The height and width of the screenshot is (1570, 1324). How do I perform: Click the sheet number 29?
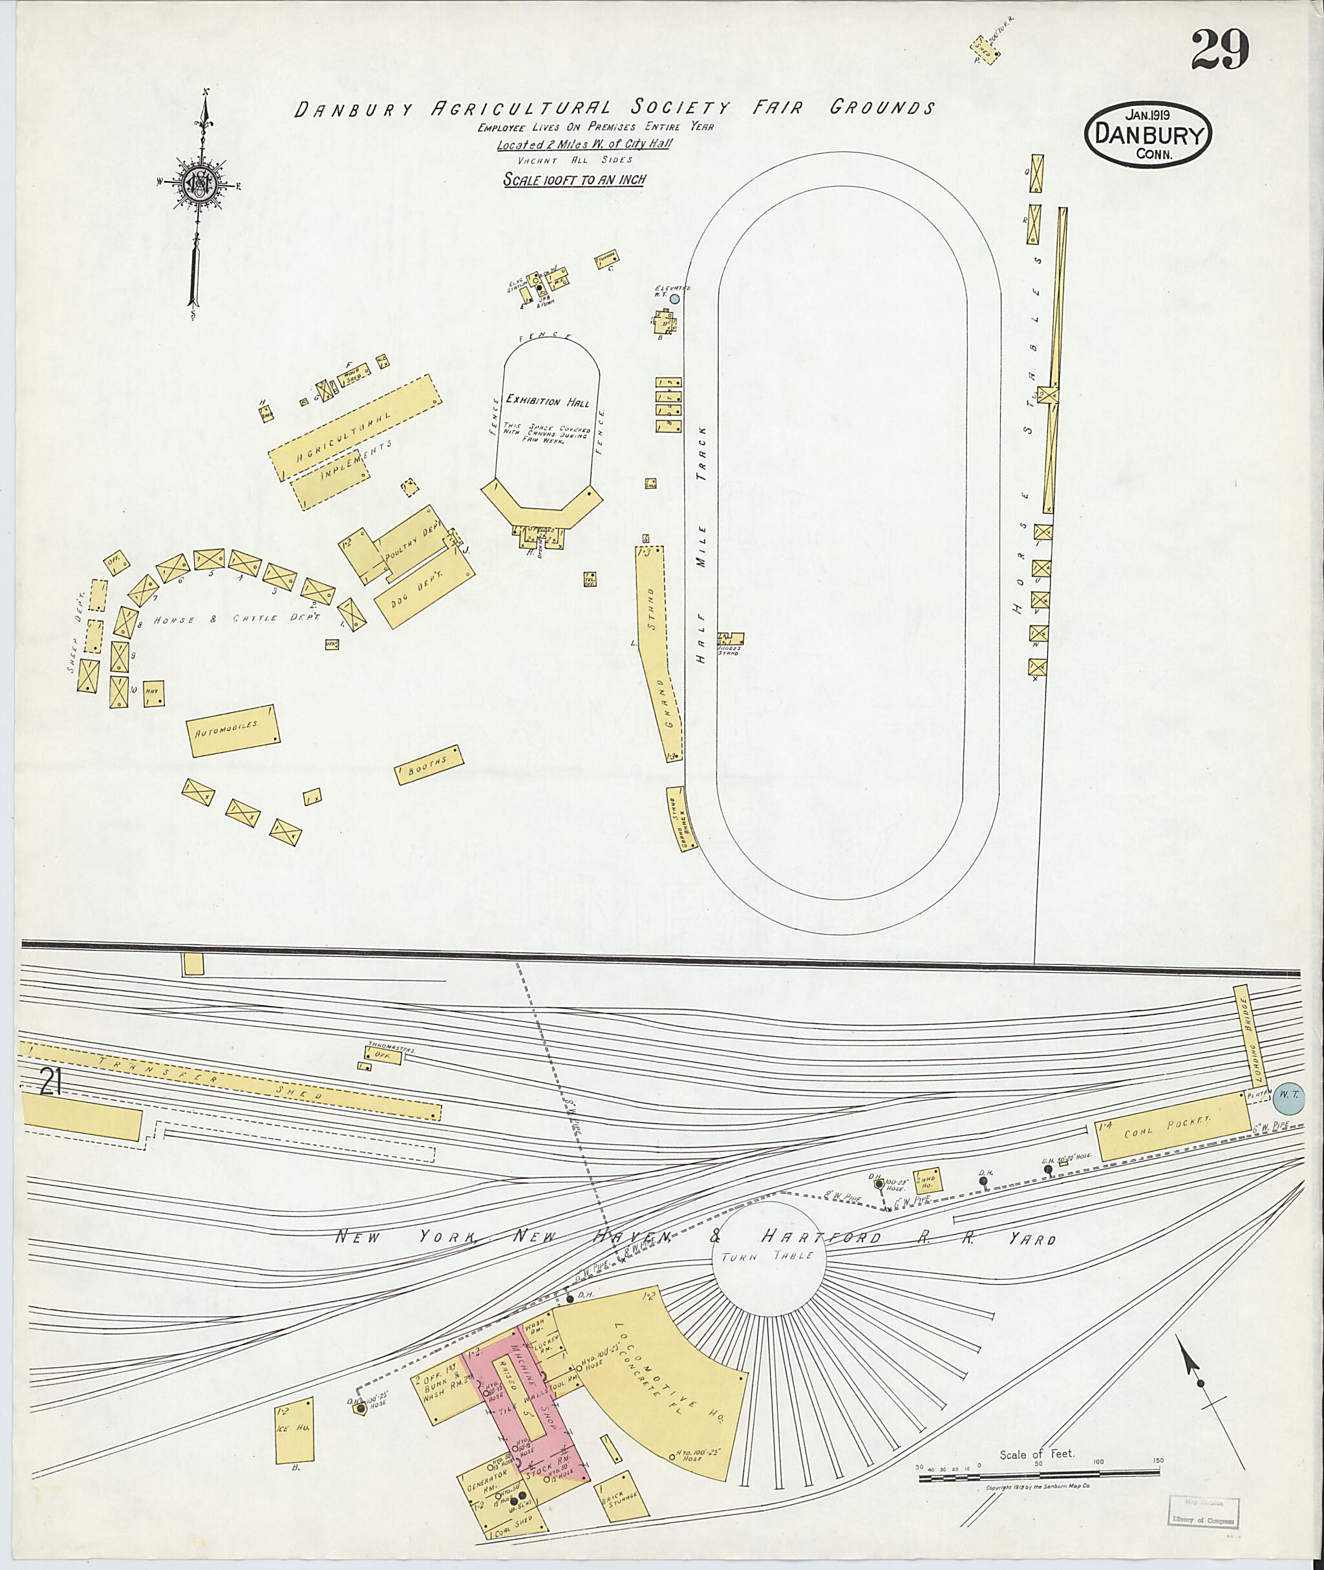[1220, 50]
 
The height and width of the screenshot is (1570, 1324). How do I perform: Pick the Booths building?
[429, 764]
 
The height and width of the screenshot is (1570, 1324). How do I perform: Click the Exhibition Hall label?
[546, 401]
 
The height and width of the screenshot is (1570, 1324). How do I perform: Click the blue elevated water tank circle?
[674, 298]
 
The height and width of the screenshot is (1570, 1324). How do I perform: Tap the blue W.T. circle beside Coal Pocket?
[1290, 1098]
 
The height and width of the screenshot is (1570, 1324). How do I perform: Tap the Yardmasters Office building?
[381, 1057]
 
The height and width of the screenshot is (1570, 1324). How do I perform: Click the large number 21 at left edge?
[50, 1085]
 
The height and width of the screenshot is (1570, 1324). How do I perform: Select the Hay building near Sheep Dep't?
[154, 694]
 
